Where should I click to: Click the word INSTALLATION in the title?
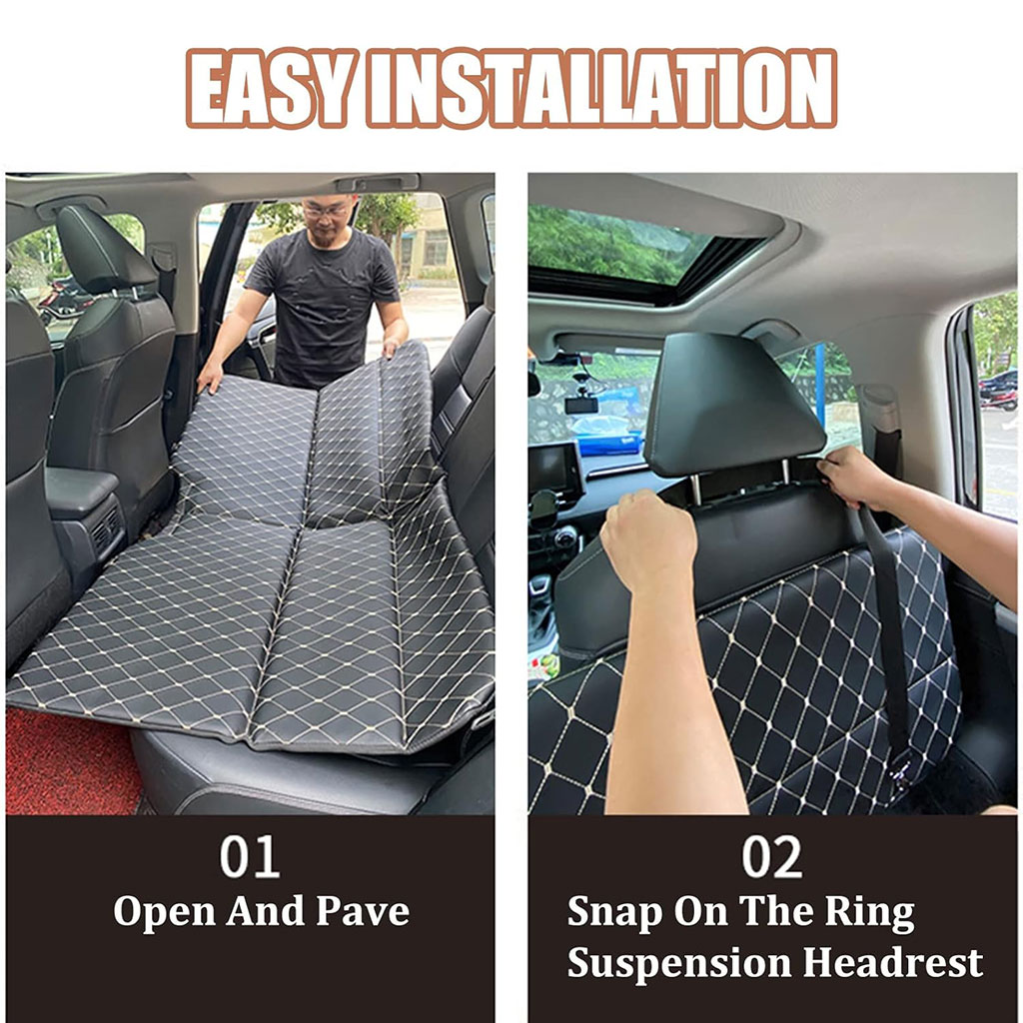600,89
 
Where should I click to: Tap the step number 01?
250,856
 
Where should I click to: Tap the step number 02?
772,856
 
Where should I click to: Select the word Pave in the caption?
363,911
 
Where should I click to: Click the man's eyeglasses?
326,210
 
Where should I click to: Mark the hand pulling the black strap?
854,477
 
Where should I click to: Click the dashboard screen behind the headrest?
553,467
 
